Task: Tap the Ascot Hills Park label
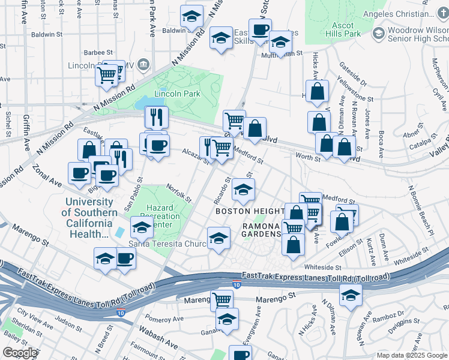[x=347, y=30]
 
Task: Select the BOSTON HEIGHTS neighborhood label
[x=250, y=211]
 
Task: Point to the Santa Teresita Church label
[x=167, y=244]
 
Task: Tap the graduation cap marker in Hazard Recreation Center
[x=142, y=228]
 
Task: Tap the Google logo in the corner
[x=20, y=353]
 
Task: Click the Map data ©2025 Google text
[x=412, y=355]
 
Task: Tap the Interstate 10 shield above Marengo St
[x=237, y=284]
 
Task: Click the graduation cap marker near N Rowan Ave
[x=351, y=295]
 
